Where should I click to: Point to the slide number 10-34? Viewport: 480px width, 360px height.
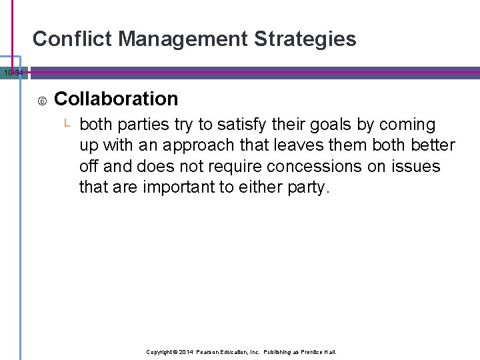coord(13,73)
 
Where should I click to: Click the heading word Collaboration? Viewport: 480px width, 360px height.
coord(116,99)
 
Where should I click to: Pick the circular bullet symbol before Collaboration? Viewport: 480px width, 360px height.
coord(42,101)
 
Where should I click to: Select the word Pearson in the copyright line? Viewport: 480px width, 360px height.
coord(214,351)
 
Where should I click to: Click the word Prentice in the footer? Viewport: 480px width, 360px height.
coord(307,351)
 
